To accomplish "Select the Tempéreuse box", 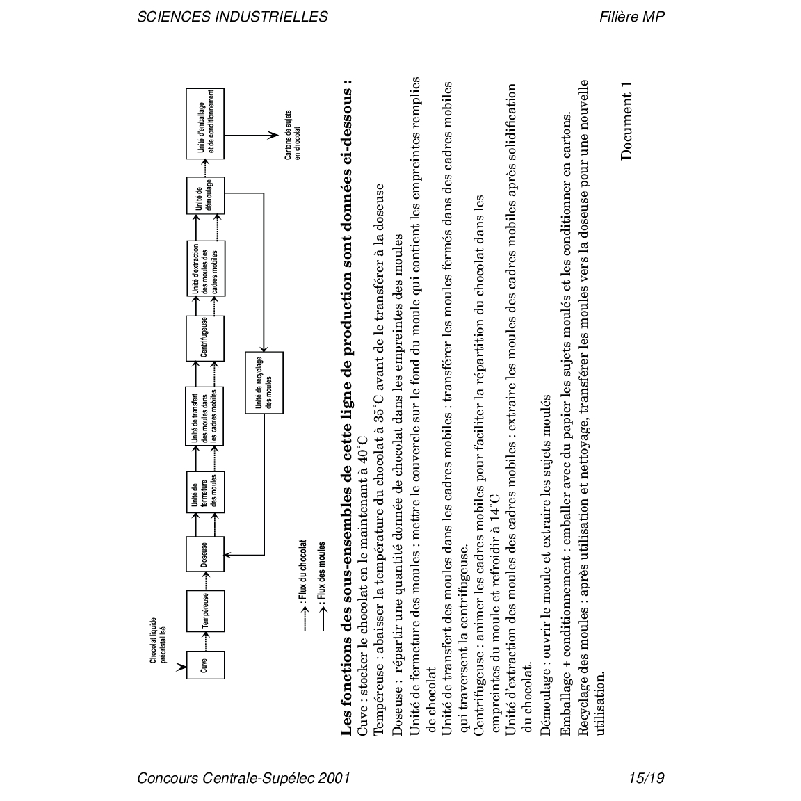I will pos(205,610).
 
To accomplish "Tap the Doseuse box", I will pos(205,555).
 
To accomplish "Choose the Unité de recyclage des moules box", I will pos(264,382).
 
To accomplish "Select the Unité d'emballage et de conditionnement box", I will pos(205,124).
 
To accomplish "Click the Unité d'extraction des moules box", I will pos(205,268).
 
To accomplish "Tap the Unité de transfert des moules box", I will pos(205,416).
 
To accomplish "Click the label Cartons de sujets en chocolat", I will pos(293,135).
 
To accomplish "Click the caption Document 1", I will pos(627,120).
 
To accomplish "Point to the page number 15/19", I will pos(645,778).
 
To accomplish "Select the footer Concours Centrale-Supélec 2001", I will pos(243,778).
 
